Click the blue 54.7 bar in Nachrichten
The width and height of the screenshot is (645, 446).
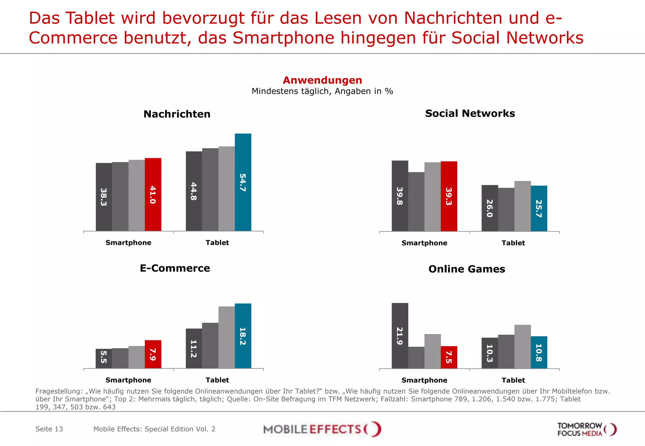[x=243, y=182]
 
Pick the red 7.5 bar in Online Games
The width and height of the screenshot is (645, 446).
[x=449, y=357]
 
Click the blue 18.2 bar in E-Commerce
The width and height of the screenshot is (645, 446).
[x=243, y=336]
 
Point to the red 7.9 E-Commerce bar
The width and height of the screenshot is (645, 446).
[x=153, y=354]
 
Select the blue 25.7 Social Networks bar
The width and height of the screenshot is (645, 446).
[x=539, y=208]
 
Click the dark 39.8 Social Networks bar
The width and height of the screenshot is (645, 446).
[x=400, y=196]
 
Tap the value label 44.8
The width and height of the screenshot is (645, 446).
[x=194, y=191]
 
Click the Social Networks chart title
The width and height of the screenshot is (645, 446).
[x=470, y=114]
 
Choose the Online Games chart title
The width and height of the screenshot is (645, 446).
[x=467, y=269]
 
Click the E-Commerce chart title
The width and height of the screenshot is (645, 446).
[x=175, y=268]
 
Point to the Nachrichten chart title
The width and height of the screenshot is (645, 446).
[x=177, y=114]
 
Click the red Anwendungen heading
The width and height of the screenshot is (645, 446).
[x=322, y=80]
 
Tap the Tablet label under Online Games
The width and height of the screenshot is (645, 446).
[x=513, y=380]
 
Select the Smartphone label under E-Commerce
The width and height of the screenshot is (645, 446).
[x=128, y=380]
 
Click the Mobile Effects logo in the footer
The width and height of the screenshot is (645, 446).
[x=322, y=429]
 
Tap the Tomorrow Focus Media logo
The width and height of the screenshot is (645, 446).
[x=586, y=429]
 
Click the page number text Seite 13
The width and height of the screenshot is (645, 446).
[x=49, y=429]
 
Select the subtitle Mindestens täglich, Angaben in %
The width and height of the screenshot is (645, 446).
[x=322, y=92]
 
